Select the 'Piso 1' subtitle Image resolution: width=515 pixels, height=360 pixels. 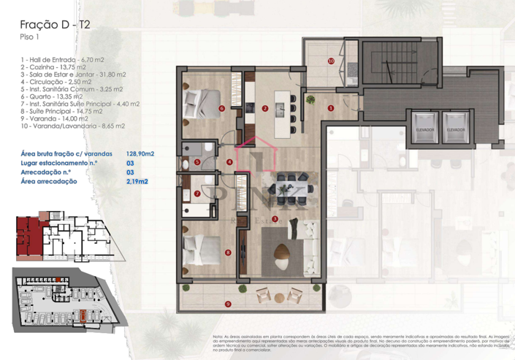[29, 39]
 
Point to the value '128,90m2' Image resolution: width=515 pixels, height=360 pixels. [140, 154]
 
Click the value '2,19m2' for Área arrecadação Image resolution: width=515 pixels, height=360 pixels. [137, 180]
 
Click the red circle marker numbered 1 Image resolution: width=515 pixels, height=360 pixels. [331, 108]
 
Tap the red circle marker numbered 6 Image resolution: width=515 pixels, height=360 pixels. [221, 109]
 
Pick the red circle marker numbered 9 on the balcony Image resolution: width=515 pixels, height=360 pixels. [228, 303]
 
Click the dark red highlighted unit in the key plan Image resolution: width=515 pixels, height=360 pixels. [27, 238]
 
